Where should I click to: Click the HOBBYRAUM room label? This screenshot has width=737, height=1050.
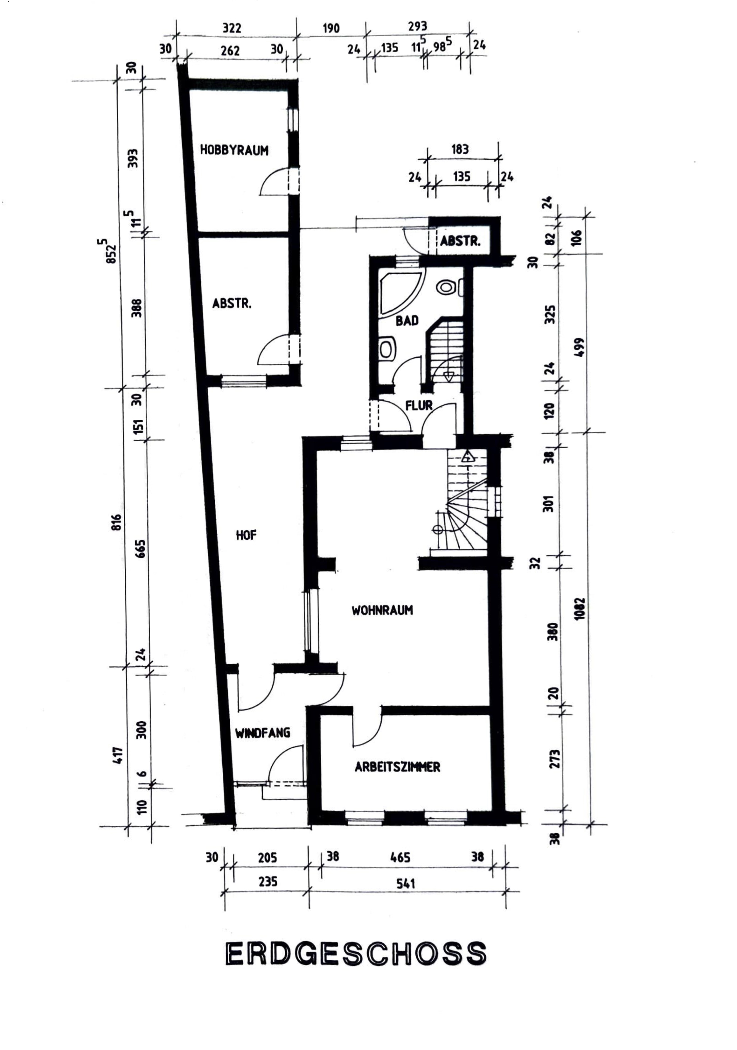(x=234, y=150)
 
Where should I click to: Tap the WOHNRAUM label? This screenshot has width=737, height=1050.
(x=382, y=610)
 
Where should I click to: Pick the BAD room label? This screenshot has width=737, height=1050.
(x=407, y=321)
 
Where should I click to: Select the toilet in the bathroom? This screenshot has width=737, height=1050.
(x=446, y=287)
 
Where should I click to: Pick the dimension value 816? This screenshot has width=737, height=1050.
(x=117, y=522)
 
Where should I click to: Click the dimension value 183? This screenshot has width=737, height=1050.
(x=460, y=149)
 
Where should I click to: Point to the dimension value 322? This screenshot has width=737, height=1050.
(x=232, y=28)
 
